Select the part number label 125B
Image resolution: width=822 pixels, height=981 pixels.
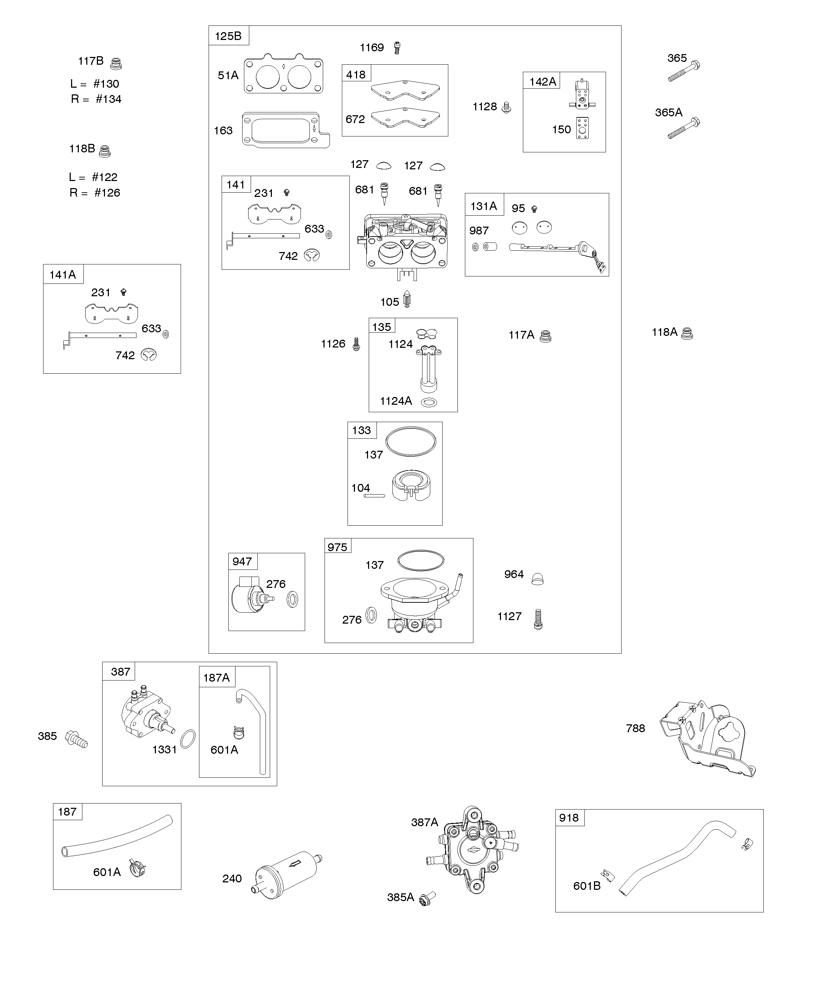[x=228, y=36]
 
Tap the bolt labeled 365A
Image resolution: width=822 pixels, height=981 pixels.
[x=684, y=128]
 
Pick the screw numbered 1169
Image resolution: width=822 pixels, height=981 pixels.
[x=397, y=48]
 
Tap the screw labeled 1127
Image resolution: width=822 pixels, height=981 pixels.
[x=538, y=619]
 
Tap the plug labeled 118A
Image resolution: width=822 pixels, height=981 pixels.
[x=687, y=333]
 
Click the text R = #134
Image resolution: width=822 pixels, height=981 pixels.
[x=96, y=99]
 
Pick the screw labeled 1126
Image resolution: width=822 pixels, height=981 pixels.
[x=356, y=344]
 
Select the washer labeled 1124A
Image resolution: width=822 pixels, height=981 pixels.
[x=429, y=402]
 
